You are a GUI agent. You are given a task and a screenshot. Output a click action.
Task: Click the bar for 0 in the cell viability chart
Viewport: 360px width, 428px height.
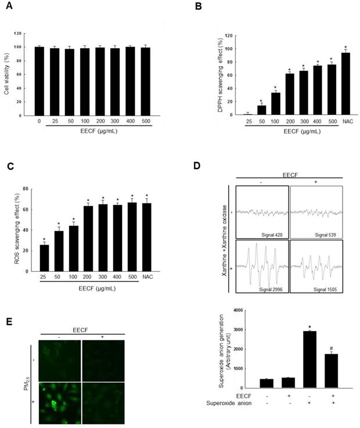point(39,81)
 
